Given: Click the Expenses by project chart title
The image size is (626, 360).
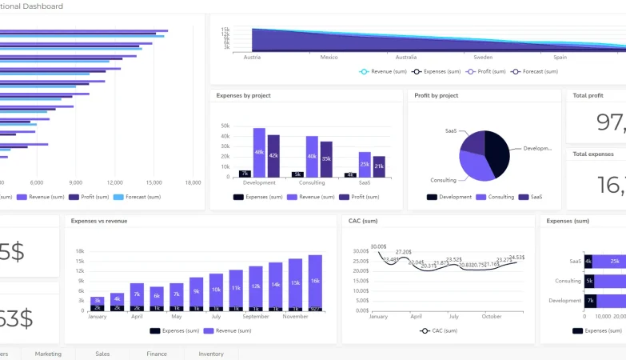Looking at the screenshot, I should coord(243,96).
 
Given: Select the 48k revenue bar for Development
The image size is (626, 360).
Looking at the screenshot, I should coord(259,152).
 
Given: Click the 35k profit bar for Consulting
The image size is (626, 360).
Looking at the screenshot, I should coord(326,158).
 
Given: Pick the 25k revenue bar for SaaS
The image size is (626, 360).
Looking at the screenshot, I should coord(365,164).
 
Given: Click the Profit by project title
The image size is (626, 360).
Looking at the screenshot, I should coord(437,96).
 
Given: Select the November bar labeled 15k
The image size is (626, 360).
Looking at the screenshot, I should coord(296,283).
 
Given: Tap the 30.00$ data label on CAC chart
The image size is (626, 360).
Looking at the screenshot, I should coord(378,246).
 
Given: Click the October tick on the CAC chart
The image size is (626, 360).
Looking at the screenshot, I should coord(491,317).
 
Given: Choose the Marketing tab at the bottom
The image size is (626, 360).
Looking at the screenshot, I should coord(48,354).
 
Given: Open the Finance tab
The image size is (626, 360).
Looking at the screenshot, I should coord(157,354).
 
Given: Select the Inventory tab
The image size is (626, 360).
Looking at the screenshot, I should coord(211,354).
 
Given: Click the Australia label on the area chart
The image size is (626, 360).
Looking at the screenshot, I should coord(406,58).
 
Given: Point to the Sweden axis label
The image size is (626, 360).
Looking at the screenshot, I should coord(483,58).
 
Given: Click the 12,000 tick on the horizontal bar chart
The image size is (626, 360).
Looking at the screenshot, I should coord(115,182).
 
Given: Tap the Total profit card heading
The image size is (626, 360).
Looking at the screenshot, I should coord(588,96).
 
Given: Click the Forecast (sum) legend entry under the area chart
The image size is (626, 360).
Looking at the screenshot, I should coord(538,72).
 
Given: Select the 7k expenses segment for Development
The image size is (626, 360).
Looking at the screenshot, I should coord(590,301).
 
